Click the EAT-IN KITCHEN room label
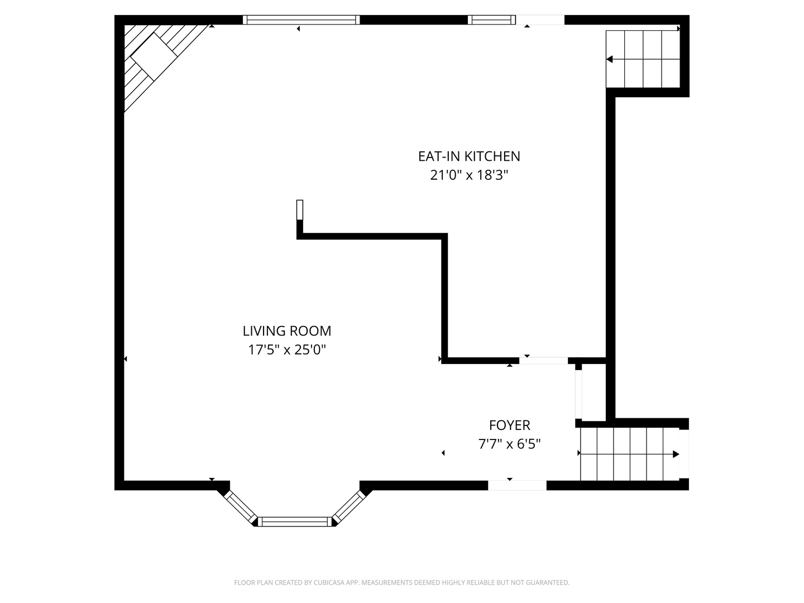tap(469, 156)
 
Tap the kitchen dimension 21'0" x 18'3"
tap(469, 175)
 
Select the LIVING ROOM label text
tap(287, 331)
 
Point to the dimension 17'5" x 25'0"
tap(287, 350)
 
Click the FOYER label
tap(509, 425)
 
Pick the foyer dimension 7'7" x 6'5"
tap(509, 444)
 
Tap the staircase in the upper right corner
tap(643, 59)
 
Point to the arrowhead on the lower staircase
tap(676, 454)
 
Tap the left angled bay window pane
tap(240, 506)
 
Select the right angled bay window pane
tap(348, 506)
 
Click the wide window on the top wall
tap(301, 20)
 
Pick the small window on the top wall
tap(491, 20)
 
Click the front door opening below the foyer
tap(517, 485)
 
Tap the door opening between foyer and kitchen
tap(543, 361)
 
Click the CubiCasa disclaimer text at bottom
tap(401, 582)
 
